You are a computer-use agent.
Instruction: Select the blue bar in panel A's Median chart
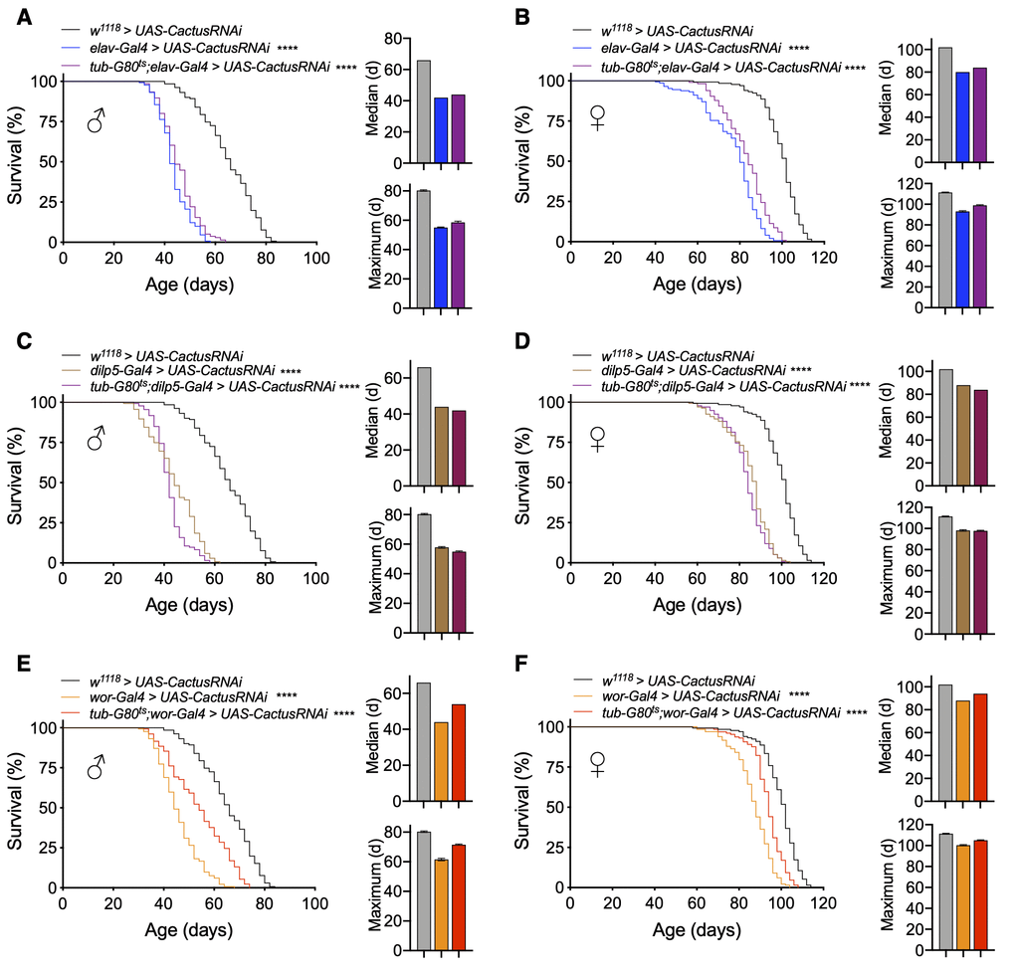441,130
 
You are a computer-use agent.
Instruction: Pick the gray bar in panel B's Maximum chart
944,250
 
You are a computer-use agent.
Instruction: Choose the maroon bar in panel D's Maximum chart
979,582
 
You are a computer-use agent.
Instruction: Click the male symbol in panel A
96,121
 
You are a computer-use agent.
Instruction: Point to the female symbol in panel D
597,439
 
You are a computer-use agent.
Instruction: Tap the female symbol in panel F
597,763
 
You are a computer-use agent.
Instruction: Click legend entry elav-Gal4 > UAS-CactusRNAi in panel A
179,48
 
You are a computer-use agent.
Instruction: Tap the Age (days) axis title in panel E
189,931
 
